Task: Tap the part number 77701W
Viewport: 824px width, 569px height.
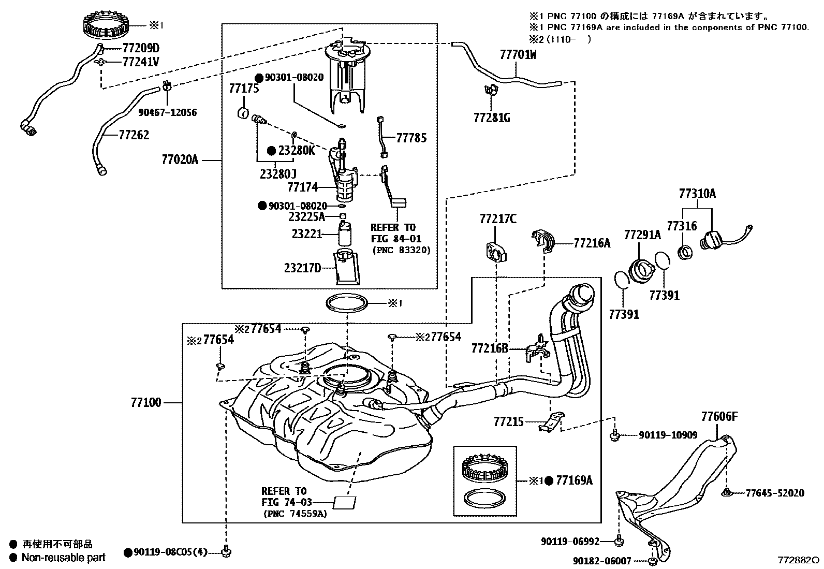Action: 518,54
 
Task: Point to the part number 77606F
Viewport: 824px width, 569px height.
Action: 719,416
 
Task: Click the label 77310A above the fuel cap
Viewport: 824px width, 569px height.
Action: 697,194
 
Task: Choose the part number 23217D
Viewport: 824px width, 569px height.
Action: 303,268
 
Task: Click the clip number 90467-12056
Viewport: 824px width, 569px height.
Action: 167,112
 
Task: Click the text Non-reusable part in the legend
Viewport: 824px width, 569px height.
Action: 63,558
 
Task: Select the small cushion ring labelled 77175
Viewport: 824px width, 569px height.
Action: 243,113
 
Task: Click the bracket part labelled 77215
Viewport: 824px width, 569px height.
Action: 551,421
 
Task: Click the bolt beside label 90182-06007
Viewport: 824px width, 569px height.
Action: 653,561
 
